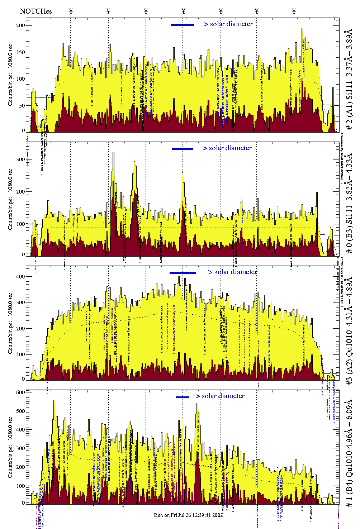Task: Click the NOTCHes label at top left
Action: click(36, 11)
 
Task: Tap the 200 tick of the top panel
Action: click(20, 25)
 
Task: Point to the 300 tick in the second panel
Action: click(20, 159)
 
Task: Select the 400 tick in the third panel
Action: click(20, 277)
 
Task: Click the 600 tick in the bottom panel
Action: click(20, 392)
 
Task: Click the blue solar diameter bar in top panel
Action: click(183, 25)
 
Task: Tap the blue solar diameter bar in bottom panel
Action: click(183, 397)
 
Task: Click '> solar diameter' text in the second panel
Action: click(227, 148)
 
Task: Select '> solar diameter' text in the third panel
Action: click(232, 272)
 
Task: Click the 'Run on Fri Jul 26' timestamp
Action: click(189, 515)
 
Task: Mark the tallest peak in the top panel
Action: click(302, 29)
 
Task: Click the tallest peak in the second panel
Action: click(113, 153)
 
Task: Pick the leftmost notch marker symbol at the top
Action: click(71, 11)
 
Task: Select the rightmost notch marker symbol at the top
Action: click(294, 11)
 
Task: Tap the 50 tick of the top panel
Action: click(22, 106)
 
